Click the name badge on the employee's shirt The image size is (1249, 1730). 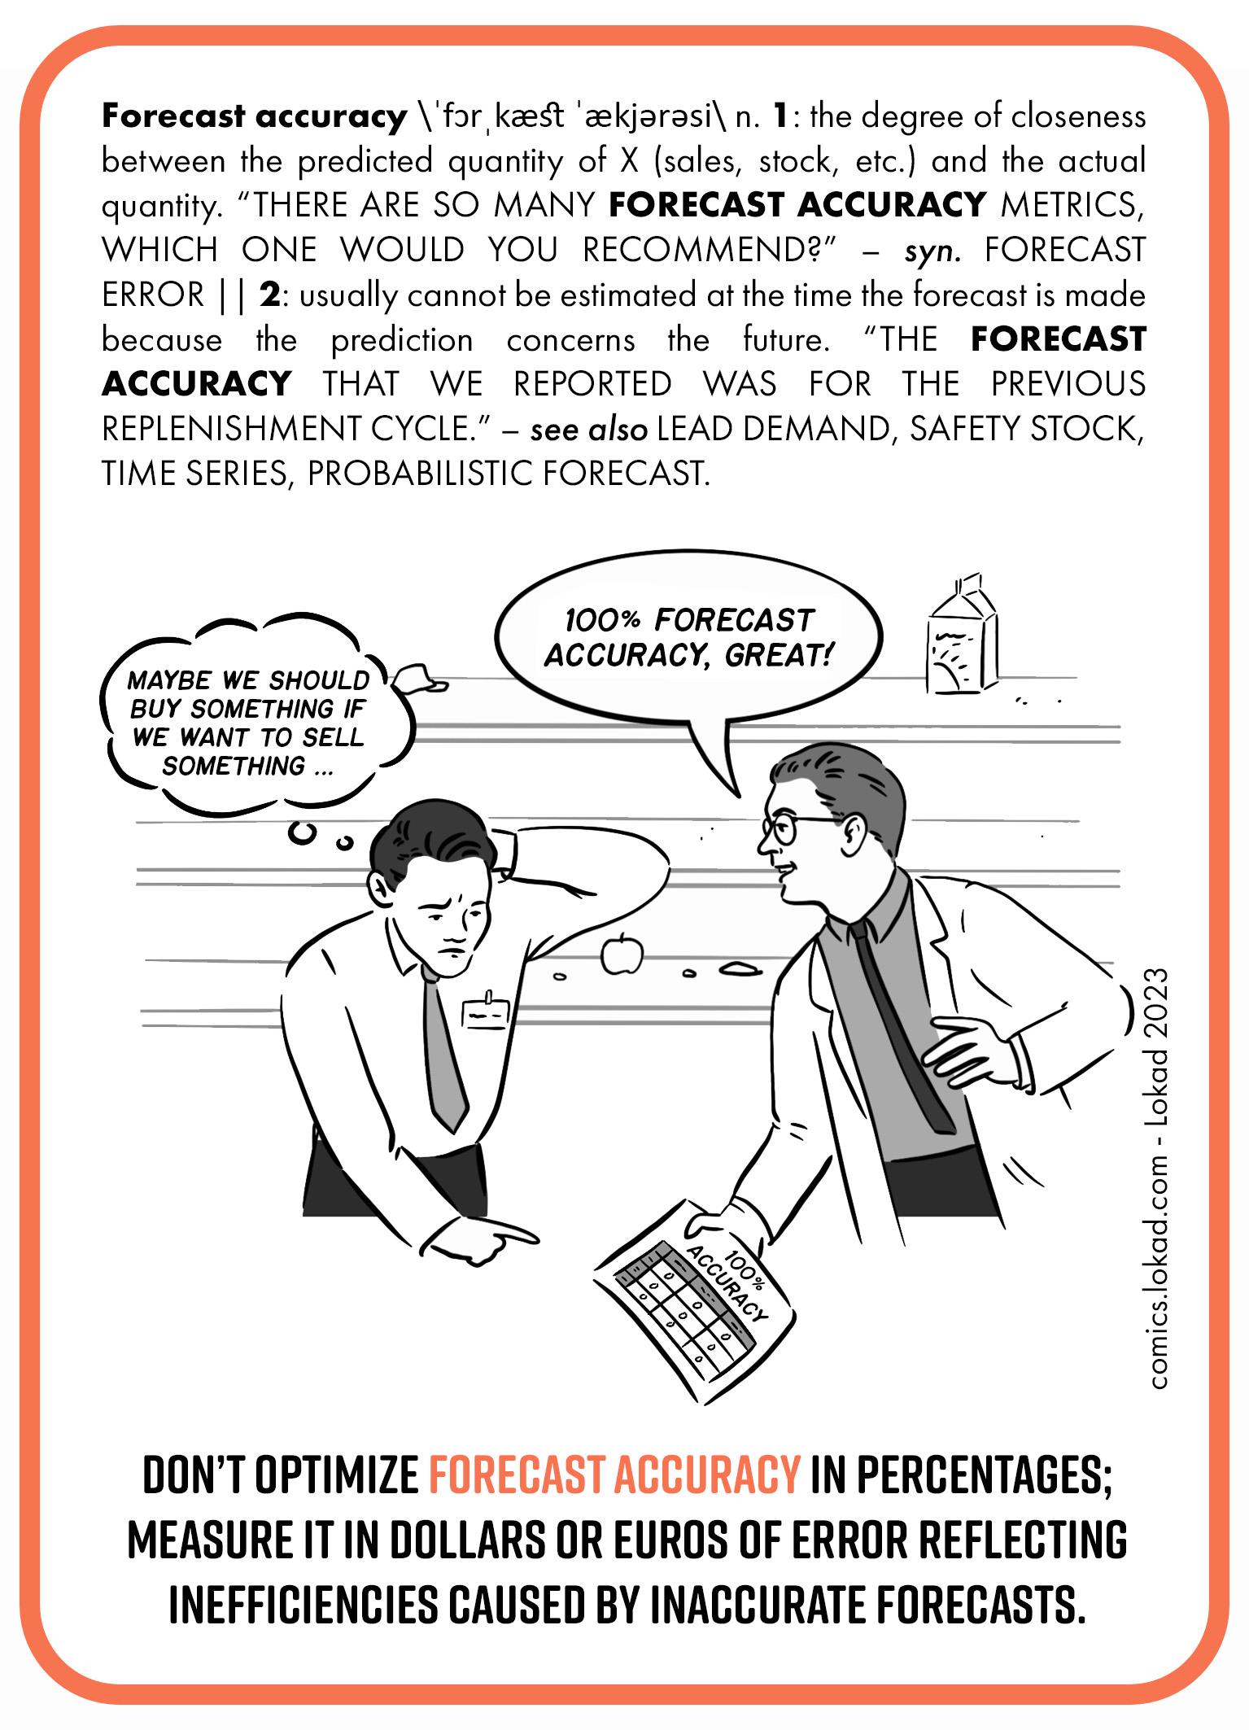pos(485,1012)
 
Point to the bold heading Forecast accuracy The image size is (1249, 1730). pos(253,117)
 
